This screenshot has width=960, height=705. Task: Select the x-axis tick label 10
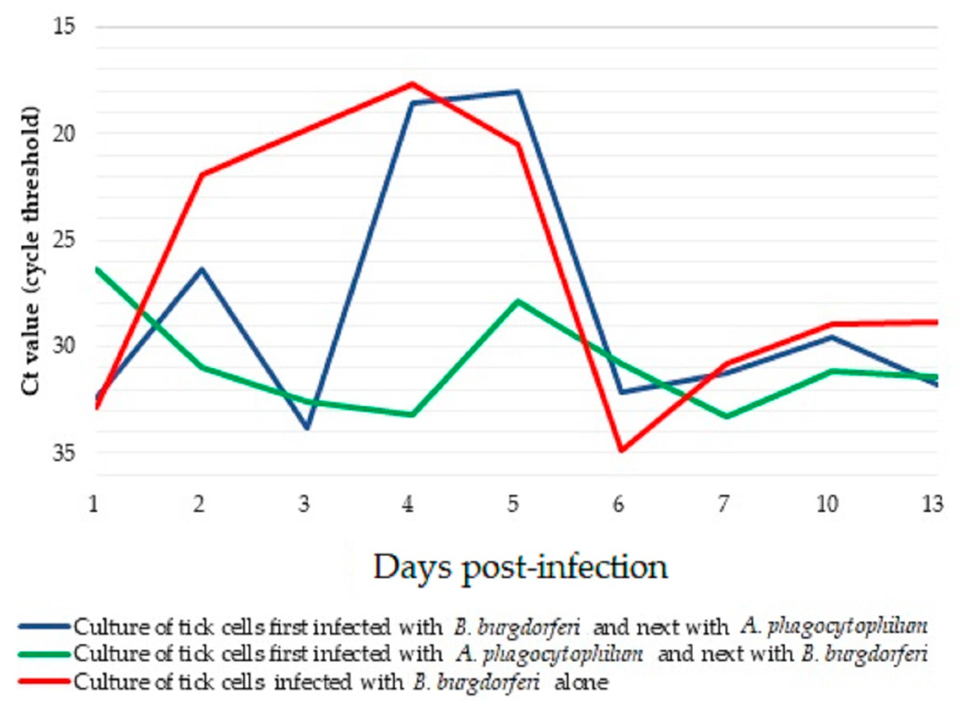click(827, 505)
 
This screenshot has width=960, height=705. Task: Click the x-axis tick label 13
click(932, 505)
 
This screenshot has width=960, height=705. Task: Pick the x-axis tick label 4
click(408, 505)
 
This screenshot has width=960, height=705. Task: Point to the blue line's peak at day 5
click(517, 92)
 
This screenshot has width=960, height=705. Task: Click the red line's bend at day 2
click(202, 174)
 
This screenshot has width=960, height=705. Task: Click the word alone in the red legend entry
click(581, 682)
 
